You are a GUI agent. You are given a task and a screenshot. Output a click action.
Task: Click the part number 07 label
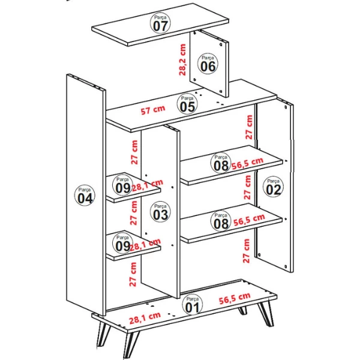[x=160, y=23]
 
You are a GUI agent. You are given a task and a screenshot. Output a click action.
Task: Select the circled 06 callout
[x=208, y=64]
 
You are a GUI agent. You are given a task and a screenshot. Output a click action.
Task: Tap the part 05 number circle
[x=187, y=104]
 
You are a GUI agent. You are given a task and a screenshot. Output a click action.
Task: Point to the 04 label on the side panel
[x=85, y=196]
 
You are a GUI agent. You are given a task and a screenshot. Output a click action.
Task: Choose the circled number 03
[x=160, y=212]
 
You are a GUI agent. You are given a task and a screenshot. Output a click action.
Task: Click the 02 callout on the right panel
[x=273, y=187]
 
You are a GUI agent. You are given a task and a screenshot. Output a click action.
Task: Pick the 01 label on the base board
[x=192, y=305]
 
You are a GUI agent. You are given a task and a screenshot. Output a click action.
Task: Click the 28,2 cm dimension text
[x=182, y=60]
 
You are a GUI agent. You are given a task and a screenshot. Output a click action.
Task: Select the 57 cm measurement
[x=153, y=110]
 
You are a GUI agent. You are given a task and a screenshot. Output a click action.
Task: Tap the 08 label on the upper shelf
[x=221, y=163]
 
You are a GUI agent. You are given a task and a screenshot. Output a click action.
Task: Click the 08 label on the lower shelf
[x=221, y=221]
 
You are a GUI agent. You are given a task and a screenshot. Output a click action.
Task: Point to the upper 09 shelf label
[x=123, y=185]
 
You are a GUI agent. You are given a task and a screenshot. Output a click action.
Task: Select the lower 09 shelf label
[x=123, y=243]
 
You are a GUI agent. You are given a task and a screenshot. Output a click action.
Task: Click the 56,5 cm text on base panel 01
[x=235, y=298]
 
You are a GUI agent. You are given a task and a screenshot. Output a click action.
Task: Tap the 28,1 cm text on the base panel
[x=145, y=318]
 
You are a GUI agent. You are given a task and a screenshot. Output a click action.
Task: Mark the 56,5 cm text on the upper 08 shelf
[x=247, y=163]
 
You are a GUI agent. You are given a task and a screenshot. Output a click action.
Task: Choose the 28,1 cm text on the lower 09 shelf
[x=146, y=245]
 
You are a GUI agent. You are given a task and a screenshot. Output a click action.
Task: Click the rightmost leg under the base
[x=266, y=313]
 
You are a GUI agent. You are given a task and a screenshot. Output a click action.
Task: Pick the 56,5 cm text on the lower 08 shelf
[x=249, y=220]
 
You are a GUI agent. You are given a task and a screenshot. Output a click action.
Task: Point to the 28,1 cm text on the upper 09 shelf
[x=148, y=185]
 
